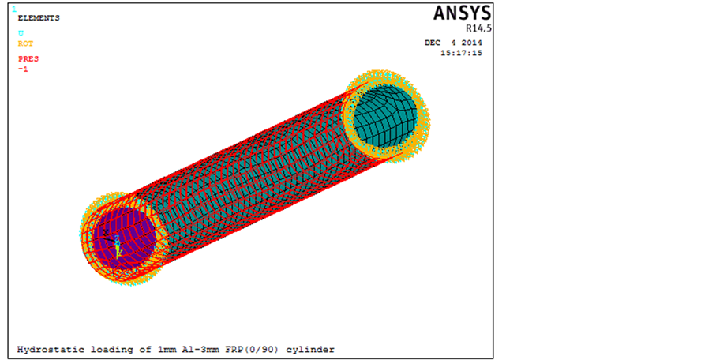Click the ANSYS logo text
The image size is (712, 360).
[x=463, y=13]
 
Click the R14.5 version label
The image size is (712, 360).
[x=478, y=28]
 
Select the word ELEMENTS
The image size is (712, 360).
[x=39, y=18]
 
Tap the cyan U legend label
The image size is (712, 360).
[x=21, y=33]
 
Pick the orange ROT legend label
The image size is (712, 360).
[x=25, y=43]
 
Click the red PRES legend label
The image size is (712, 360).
[x=28, y=59]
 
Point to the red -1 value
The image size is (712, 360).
[x=23, y=69]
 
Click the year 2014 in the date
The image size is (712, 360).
[x=472, y=43]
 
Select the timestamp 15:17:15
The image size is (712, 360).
[x=461, y=53]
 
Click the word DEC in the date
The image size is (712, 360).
[x=433, y=43]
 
